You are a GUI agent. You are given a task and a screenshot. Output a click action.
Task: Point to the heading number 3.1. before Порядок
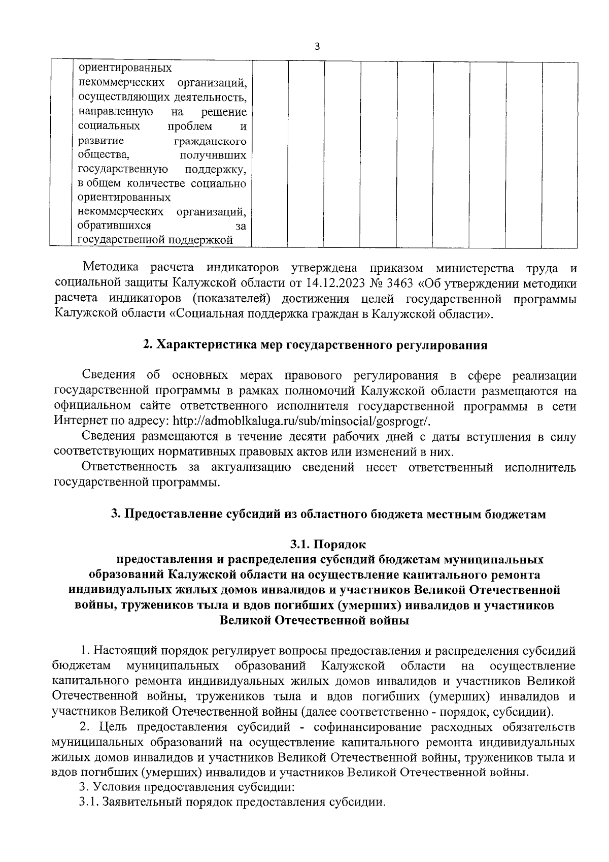click(300, 545)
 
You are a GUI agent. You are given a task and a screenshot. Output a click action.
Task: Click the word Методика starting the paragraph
click(111, 268)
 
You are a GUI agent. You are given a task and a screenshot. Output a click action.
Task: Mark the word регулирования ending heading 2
click(439, 345)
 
